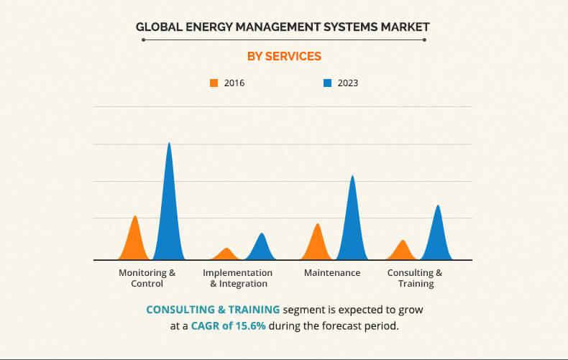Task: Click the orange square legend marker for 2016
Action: [214, 83]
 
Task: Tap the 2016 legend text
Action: [234, 83]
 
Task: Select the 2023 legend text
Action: [347, 83]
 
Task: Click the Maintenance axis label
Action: [332, 273]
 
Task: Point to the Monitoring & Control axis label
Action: [147, 278]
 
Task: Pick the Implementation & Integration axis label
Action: [237, 278]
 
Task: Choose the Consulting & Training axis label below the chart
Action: [415, 278]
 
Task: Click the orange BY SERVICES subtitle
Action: [283, 56]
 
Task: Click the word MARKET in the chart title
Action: [403, 27]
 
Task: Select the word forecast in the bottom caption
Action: [339, 326]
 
